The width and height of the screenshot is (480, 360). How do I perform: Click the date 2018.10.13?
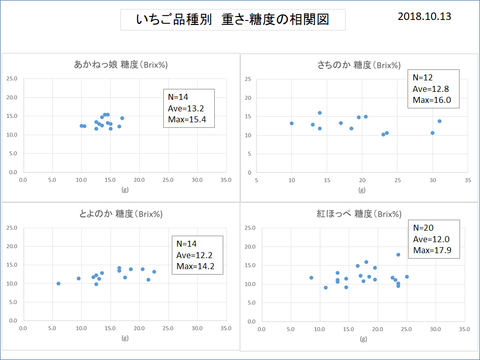[x=424, y=16]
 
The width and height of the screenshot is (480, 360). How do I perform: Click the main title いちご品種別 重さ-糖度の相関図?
[x=232, y=20]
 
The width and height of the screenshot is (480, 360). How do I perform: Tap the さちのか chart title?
[x=359, y=64]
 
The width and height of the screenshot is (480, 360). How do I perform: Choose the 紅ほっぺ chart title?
[x=359, y=214]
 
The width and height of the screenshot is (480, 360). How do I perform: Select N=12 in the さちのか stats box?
[x=423, y=77]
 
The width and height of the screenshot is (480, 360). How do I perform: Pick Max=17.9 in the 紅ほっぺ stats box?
[x=433, y=250]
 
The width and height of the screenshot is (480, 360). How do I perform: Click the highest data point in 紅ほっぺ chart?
[x=398, y=255]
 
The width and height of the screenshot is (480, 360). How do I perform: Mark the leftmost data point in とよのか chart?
[x=58, y=284]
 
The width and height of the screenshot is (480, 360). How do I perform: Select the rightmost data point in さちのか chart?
[x=440, y=121]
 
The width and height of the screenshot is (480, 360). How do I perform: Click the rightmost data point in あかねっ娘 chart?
[x=122, y=118]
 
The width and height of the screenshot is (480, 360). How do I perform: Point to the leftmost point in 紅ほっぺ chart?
[x=311, y=278]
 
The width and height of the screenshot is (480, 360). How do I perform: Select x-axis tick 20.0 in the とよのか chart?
[x=139, y=329]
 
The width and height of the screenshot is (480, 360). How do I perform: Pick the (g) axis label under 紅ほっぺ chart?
[x=363, y=340]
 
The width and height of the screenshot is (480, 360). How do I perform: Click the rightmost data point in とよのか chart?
[x=154, y=272]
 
